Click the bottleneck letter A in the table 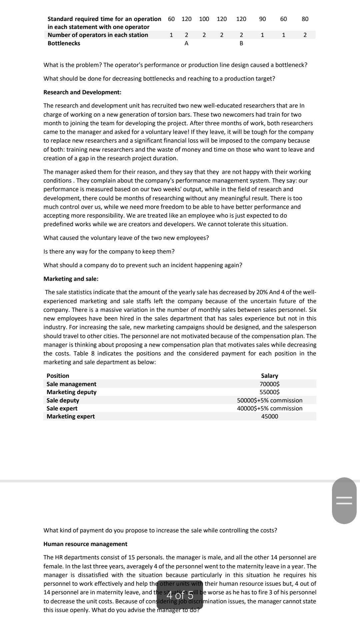(186, 43)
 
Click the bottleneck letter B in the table (241, 43)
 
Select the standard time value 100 (204, 19)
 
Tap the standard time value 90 (262, 19)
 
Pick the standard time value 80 (305, 19)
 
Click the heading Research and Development (82, 92)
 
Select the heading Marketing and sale (71, 279)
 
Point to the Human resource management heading (85, 544)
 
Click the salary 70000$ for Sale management (269, 384)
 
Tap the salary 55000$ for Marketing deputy (269, 392)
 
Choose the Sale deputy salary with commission (269, 400)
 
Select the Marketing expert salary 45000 (269, 416)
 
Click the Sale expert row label (62, 408)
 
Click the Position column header (58, 376)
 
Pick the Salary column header (269, 376)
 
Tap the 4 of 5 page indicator (180, 595)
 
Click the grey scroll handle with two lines (344, 500)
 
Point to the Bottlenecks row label (64, 43)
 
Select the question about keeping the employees (109, 252)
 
